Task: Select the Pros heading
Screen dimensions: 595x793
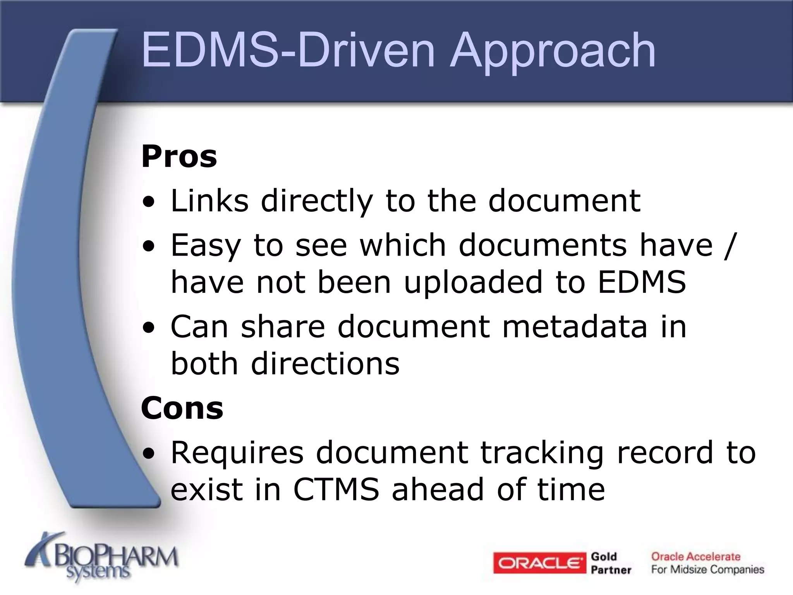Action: tap(179, 156)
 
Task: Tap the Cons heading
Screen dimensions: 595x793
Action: tap(182, 408)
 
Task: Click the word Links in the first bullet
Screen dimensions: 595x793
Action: tap(209, 201)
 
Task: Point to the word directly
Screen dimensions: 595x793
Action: tap(317, 201)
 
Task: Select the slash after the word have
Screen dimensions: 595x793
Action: tap(728, 245)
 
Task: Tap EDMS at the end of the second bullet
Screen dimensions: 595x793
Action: tap(642, 282)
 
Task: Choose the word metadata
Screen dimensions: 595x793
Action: tap(575, 327)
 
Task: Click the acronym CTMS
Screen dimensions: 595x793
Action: tap(336, 490)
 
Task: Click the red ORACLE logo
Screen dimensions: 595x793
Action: tap(540, 563)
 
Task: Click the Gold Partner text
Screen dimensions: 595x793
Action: tap(611, 563)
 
